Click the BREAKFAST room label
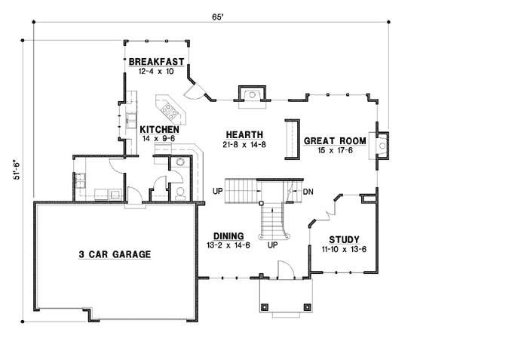coord(156,62)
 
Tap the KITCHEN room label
coord(158,130)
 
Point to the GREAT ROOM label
coord(334,140)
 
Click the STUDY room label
coord(343,238)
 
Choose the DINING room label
coord(227,235)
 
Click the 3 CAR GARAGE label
coord(115,254)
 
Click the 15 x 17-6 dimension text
coord(334,150)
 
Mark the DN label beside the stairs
coord(308,191)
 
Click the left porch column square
coord(265,306)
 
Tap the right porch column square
coord(307,306)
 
